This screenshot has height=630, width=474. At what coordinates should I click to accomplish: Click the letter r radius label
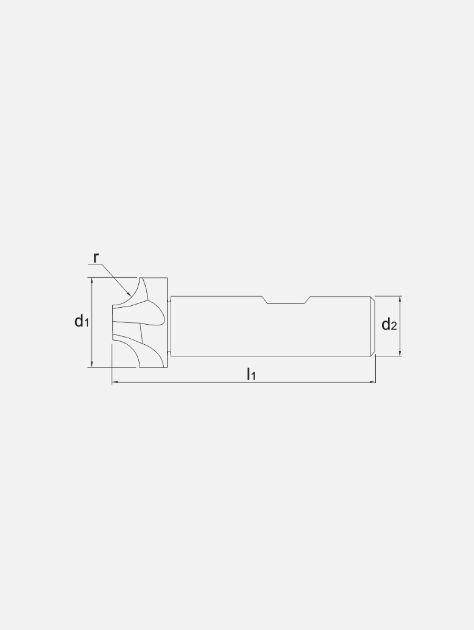point(96,257)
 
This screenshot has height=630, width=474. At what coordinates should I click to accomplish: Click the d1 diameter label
point(82,321)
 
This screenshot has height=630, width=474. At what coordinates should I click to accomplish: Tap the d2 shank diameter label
point(389,325)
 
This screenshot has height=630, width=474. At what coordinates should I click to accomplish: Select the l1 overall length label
point(250,374)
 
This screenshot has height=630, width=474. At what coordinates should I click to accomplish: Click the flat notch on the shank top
point(286,303)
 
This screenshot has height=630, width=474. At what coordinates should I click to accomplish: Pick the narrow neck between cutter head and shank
point(169,326)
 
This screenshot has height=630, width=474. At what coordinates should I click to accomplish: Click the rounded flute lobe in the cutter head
point(156,314)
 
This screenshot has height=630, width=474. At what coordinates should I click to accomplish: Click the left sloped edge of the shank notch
point(266,300)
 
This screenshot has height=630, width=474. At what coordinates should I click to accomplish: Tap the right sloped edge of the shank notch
point(308,300)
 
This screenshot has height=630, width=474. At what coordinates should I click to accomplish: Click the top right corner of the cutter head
point(167,278)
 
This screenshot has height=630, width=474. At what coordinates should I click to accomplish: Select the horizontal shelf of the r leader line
point(95,264)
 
